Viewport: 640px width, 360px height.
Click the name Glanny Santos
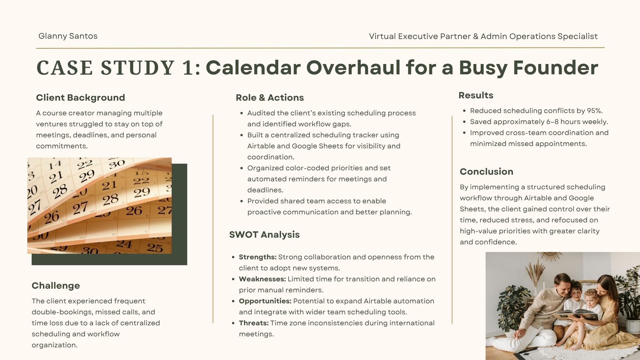coord(68,36)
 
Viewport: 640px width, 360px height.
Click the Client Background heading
coord(80,98)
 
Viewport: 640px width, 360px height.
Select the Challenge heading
coord(56,286)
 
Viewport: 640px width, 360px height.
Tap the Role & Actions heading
coord(270,98)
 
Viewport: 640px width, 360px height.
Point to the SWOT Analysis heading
coord(264,235)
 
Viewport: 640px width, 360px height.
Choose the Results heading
coord(476,95)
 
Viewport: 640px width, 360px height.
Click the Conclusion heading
coord(486,172)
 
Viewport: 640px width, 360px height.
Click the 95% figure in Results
coord(593,111)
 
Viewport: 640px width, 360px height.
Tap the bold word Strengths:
coord(258,257)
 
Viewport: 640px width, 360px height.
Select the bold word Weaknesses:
coord(262,279)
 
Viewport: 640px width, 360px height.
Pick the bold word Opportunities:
coord(265,301)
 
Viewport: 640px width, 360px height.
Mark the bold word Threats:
coord(254,323)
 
